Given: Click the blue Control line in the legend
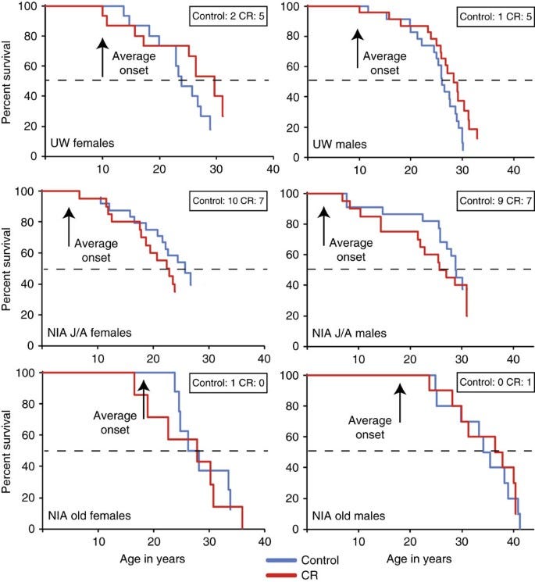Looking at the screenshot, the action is click(282, 560).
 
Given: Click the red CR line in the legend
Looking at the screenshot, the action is click(282, 575).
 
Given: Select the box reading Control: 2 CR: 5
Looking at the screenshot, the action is click(228, 16).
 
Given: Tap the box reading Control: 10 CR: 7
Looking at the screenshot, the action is click(228, 201).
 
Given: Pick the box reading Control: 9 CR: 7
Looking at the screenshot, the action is click(496, 201).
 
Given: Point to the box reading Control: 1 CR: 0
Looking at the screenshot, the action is click(228, 383).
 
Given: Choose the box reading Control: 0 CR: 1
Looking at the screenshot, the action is click(496, 382).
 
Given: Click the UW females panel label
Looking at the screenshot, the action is click(82, 143).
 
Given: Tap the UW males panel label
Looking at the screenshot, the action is click(340, 144).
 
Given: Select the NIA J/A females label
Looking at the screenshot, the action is click(89, 332).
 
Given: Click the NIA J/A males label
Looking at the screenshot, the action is click(349, 333).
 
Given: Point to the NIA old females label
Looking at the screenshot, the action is click(89, 516).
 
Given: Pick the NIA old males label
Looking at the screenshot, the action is click(349, 516).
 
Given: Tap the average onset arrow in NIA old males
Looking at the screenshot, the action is click(400, 403).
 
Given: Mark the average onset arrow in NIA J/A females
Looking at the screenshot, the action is click(69, 227).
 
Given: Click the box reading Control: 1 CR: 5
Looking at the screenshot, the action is click(496, 16).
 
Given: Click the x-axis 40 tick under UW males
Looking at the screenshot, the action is click(513, 170).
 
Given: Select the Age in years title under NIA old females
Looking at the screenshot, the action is click(152, 559).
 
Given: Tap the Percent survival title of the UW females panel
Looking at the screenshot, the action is click(5, 82).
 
